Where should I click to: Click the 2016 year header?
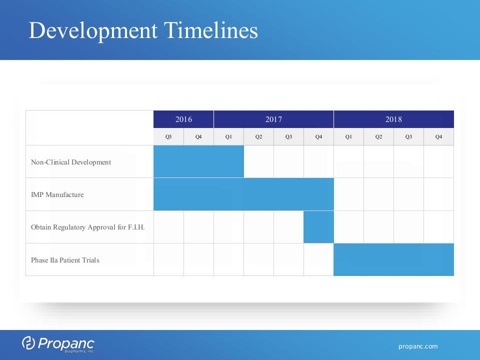(x=183, y=119)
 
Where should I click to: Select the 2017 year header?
(x=273, y=119)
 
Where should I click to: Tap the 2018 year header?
(x=393, y=119)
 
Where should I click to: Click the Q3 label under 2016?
(x=168, y=137)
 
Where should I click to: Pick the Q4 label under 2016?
(x=198, y=137)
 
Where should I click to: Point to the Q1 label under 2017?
(x=228, y=137)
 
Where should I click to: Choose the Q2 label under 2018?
(x=378, y=137)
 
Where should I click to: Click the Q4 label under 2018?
(x=438, y=137)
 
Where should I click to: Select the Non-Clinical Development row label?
(x=71, y=162)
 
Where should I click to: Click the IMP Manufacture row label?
(x=57, y=194)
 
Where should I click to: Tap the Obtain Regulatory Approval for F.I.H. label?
(x=88, y=227)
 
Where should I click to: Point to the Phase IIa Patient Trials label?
(x=65, y=260)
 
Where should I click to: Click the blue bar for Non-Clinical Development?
(x=198, y=161)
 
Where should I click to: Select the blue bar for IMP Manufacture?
(x=243, y=194)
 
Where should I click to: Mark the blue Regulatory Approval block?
(x=318, y=227)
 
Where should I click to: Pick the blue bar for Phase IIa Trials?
(x=393, y=259)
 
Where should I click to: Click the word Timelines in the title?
(x=211, y=30)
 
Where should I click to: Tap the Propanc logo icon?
(x=28, y=343)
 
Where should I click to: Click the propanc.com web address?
(x=418, y=346)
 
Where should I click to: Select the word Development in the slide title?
(x=93, y=31)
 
